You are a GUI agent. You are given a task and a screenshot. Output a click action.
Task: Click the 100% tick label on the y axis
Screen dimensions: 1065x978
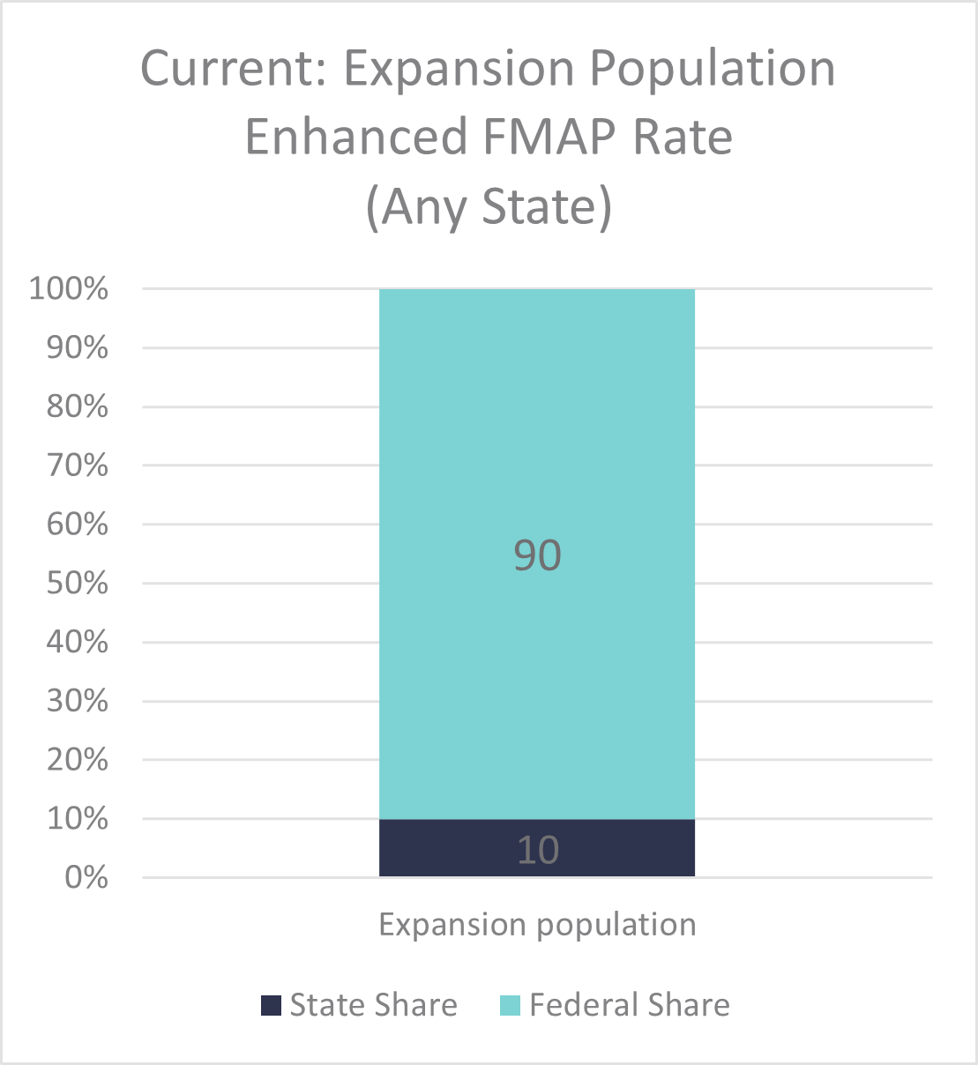[x=69, y=288]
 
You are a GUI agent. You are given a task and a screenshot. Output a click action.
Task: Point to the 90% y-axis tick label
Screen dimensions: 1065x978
[x=77, y=347]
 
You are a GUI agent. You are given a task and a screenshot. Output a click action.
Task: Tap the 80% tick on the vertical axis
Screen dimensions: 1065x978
[x=77, y=406]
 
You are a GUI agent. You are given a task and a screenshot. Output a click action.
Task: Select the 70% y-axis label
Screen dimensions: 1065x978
[x=77, y=465]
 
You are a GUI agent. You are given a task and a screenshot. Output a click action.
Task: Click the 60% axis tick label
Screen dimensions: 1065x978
[x=77, y=525]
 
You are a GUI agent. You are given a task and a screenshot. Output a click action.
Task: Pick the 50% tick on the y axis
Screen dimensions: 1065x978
[x=77, y=584]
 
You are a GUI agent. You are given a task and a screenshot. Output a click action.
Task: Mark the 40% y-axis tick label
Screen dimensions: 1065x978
[x=77, y=642]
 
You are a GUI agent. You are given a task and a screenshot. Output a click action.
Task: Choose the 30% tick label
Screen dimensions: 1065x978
[x=77, y=701]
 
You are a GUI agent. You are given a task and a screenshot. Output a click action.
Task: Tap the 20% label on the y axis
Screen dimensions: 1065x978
[x=77, y=760]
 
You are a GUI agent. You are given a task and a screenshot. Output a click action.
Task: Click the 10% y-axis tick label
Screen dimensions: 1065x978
[x=77, y=819]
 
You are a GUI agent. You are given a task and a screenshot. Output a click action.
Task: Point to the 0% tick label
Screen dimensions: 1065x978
[x=86, y=877]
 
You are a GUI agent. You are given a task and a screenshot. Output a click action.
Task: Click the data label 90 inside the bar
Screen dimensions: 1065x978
[x=537, y=555]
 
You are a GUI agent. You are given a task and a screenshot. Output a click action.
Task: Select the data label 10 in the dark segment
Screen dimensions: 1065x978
[x=537, y=850]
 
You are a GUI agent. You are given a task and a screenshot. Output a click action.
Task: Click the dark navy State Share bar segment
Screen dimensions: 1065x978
[x=441, y=848]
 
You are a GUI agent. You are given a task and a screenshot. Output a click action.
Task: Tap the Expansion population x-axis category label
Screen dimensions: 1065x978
[x=537, y=925]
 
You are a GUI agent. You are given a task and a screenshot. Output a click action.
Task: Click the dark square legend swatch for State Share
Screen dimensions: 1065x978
[x=271, y=1005]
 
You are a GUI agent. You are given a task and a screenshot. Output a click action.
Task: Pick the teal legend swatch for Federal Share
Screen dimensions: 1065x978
[x=510, y=1005]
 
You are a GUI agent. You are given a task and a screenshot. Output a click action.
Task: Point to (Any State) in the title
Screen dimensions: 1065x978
[x=489, y=206]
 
